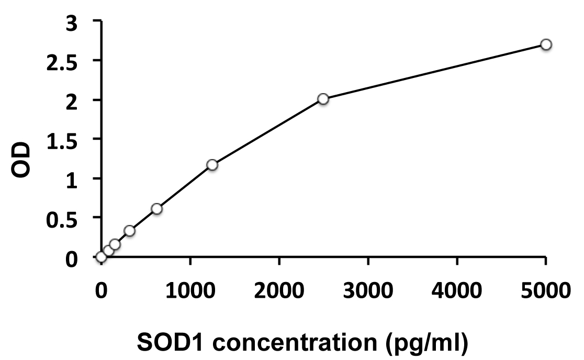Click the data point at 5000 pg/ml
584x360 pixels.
(546, 44)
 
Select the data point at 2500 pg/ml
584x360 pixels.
(323, 99)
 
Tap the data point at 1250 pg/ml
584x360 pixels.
(212, 165)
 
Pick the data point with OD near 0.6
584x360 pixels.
(156, 209)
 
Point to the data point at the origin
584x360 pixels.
(101, 256)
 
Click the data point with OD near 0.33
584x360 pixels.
(129, 231)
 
